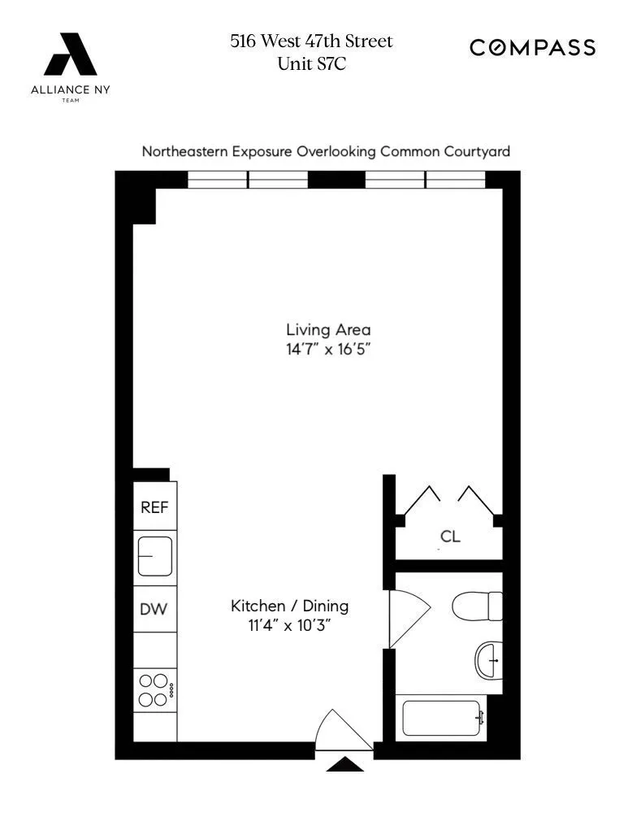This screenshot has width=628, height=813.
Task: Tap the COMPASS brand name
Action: (x=533, y=48)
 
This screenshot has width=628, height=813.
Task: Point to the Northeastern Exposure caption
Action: (x=326, y=151)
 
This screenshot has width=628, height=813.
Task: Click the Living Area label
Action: (x=328, y=329)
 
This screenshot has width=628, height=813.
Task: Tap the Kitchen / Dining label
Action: (x=289, y=606)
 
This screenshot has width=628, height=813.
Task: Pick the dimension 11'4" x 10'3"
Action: (x=289, y=627)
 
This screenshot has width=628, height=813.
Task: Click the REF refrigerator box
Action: (x=154, y=507)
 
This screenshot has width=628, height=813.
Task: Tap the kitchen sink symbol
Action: (x=154, y=557)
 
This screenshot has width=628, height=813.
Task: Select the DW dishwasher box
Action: (x=154, y=609)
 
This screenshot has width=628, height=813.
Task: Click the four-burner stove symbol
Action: (x=154, y=690)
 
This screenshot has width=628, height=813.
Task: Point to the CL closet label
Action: (x=450, y=537)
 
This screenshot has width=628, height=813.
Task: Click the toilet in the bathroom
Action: (x=478, y=606)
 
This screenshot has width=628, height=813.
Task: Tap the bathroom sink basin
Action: (x=489, y=660)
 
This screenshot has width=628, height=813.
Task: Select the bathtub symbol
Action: (x=444, y=718)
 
